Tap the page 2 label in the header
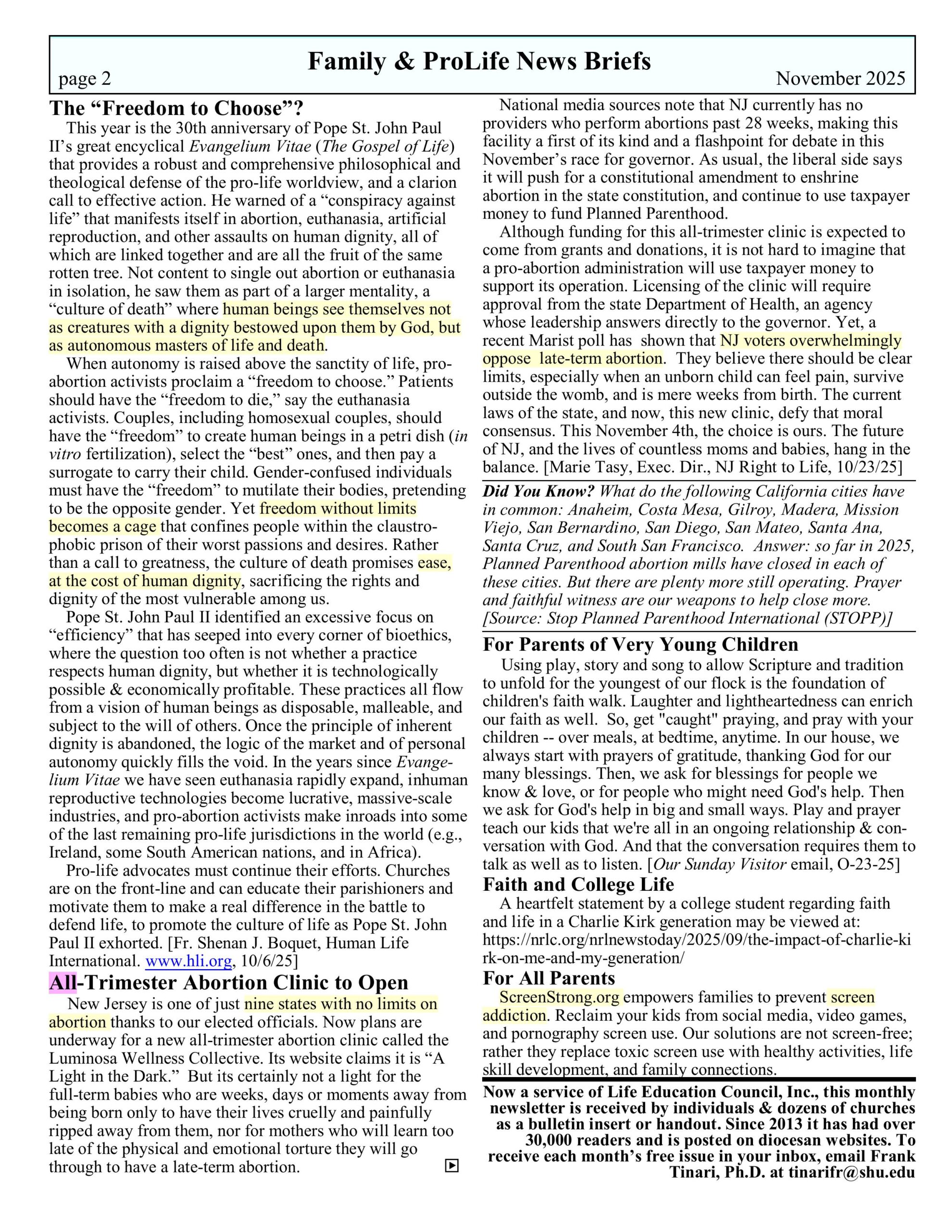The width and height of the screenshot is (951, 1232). [x=85, y=78]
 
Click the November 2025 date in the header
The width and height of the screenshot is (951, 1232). [x=840, y=78]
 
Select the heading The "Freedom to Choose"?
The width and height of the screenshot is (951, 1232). [x=176, y=108]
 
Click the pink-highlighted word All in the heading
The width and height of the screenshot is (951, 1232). [x=63, y=982]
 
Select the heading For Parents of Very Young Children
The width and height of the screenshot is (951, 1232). [x=640, y=644]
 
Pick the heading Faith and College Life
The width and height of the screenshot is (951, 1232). [x=578, y=884]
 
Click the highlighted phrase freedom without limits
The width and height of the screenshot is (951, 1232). [x=338, y=508]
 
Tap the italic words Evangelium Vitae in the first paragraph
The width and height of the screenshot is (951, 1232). [x=250, y=147]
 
